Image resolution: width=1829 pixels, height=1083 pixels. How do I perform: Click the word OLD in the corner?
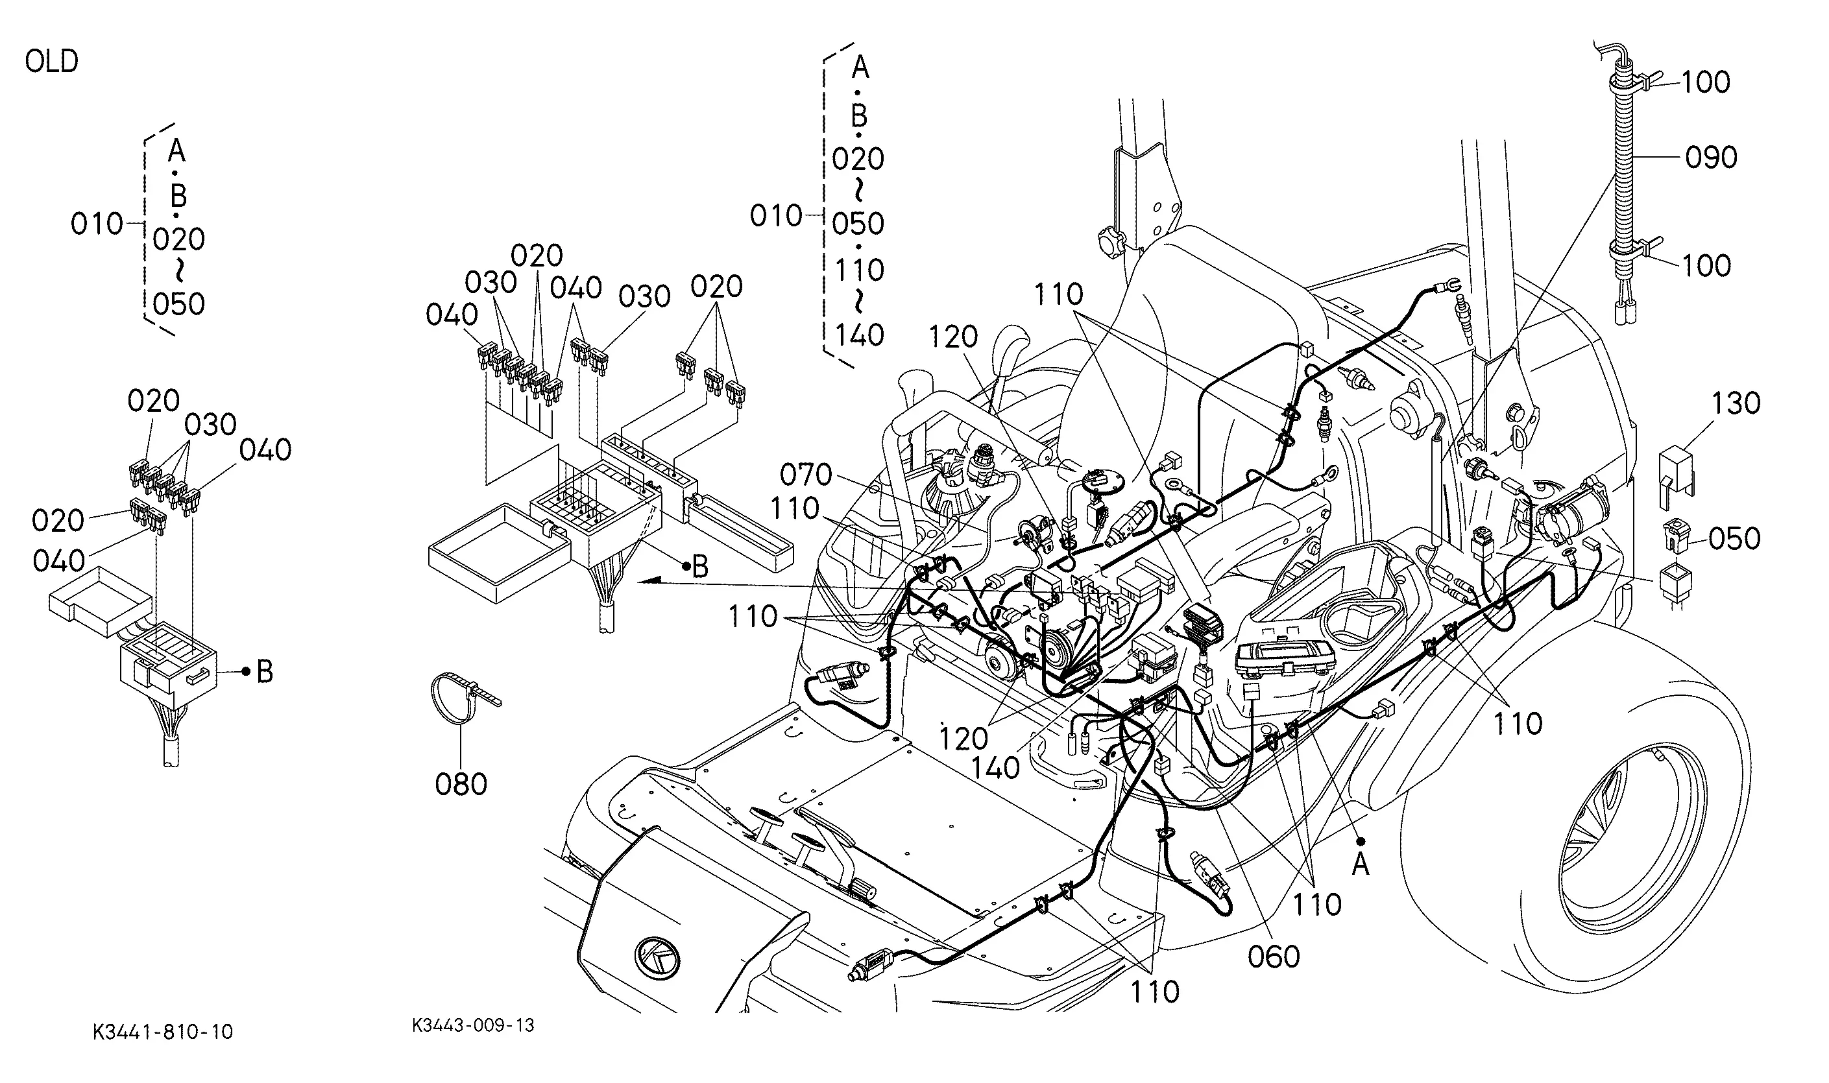click(51, 62)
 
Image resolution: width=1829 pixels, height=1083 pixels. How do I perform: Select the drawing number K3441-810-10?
click(163, 1031)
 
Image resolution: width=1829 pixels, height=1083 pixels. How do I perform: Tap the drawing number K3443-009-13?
click(473, 1025)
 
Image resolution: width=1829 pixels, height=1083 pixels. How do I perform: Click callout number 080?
click(461, 784)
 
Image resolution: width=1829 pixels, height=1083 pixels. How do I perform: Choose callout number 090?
click(1711, 157)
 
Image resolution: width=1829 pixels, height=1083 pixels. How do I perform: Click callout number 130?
click(1736, 403)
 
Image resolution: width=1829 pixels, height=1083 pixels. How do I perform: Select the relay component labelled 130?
click(1678, 475)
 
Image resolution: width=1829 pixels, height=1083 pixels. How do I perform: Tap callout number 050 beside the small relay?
click(1734, 538)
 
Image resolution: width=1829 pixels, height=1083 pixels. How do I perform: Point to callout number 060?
click(1274, 956)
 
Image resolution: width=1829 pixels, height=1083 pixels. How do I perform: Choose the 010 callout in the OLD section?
click(97, 223)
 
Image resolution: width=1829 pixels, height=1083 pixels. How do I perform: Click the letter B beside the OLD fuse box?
click(264, 672)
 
